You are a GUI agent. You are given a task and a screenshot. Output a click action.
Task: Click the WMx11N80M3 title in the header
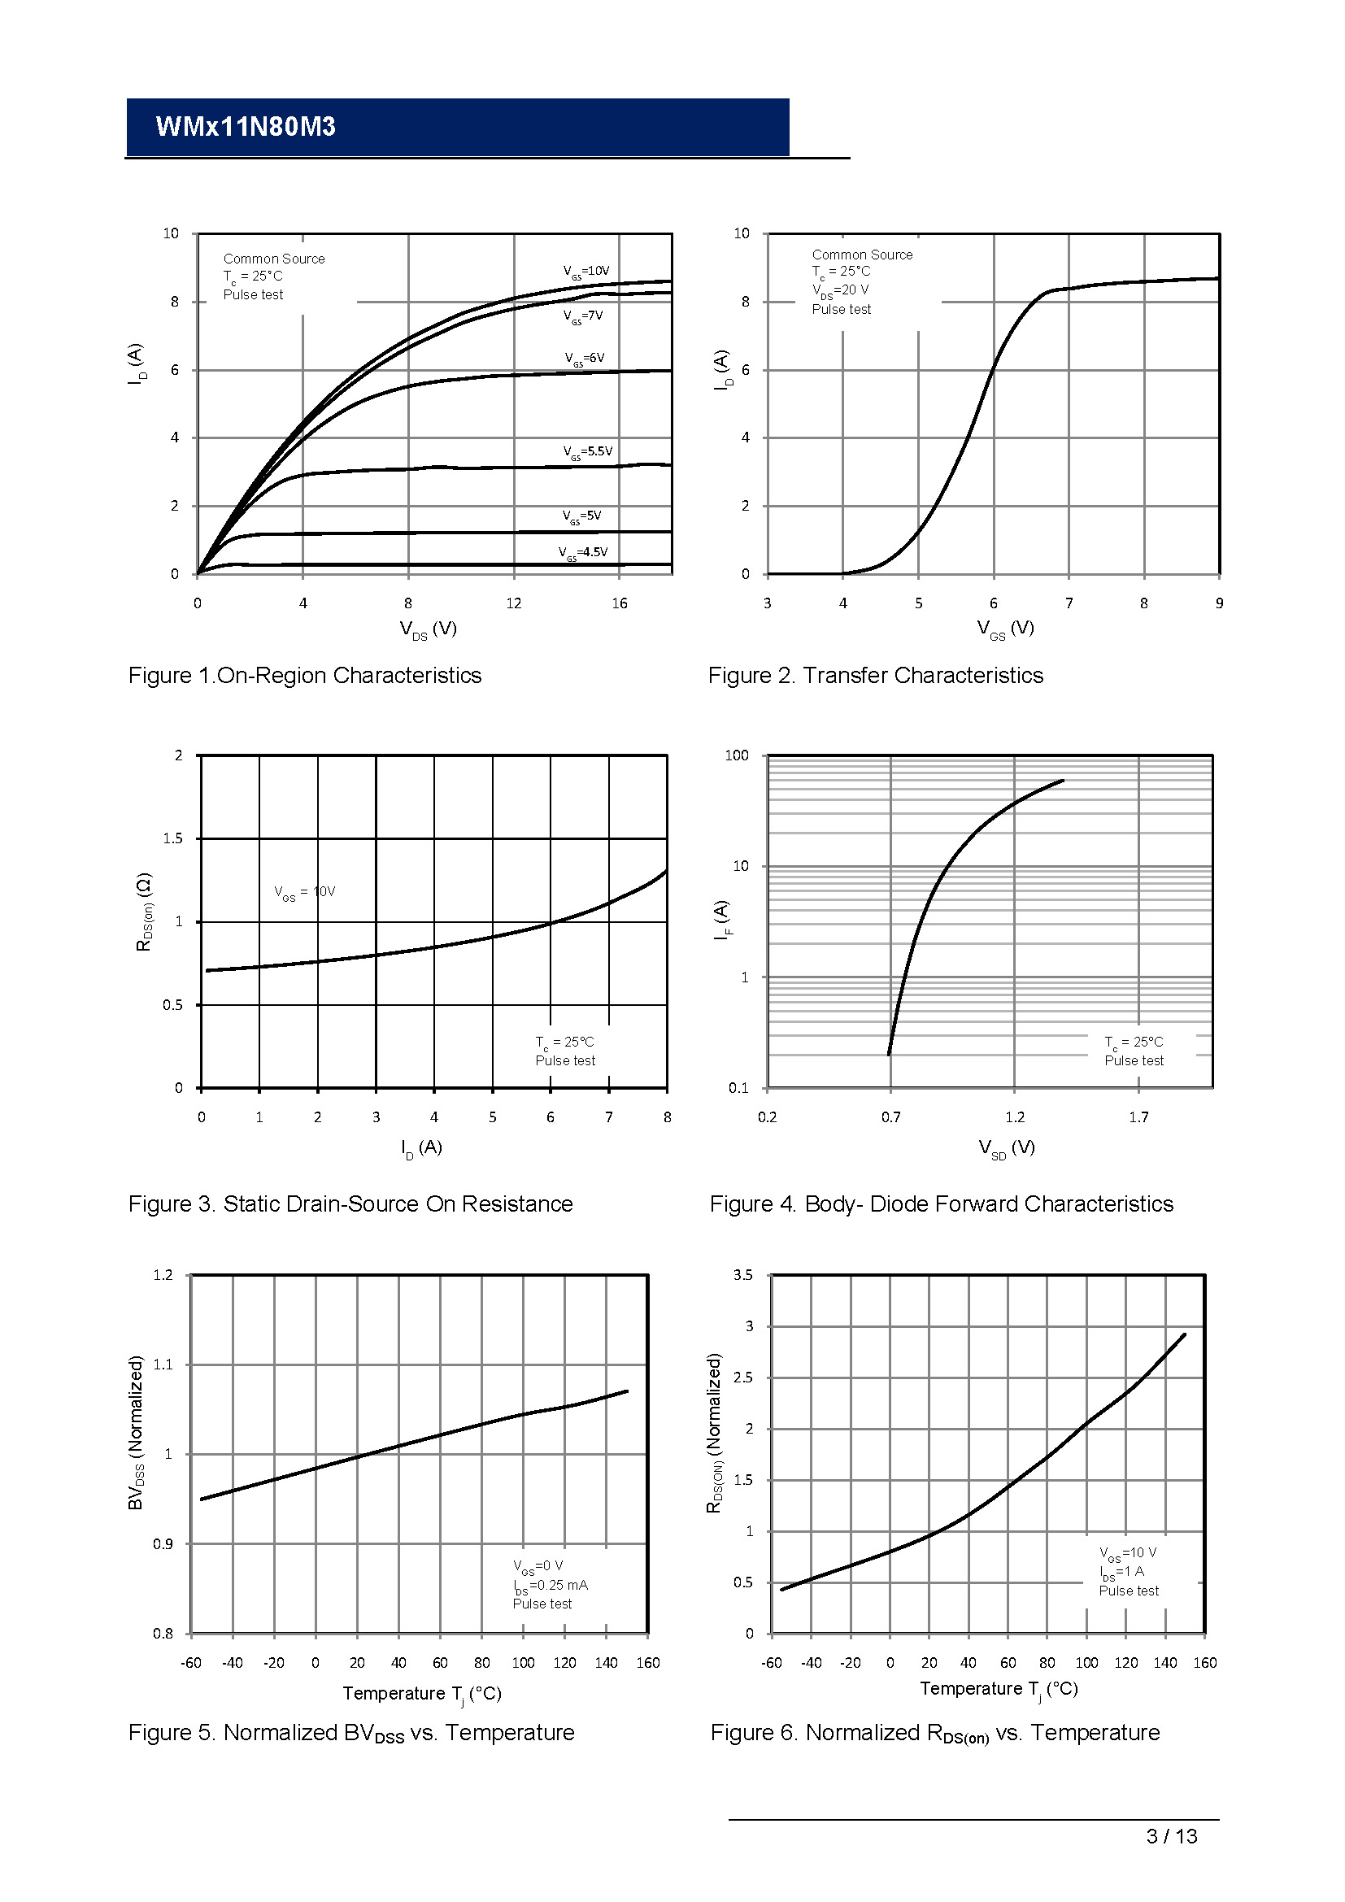point(245,127)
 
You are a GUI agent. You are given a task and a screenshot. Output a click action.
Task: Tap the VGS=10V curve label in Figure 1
point(585,272)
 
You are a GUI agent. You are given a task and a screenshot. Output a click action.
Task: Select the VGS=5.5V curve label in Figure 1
point(587,452)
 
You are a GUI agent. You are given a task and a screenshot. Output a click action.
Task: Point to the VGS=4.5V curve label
point(583,552)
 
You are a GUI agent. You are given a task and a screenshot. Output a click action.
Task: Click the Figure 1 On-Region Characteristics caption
point(305,676)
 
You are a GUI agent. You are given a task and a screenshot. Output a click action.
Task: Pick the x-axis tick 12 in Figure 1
point(513,604)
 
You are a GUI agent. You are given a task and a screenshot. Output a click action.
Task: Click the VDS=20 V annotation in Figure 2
point(840,291)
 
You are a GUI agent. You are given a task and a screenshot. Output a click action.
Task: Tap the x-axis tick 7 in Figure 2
point(1069,604)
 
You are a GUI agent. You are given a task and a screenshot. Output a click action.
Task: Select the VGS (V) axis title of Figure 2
point(1004,629)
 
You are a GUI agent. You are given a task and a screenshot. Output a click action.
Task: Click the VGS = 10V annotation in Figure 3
point(305,892)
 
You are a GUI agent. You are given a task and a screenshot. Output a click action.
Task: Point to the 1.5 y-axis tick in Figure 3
point(173,838)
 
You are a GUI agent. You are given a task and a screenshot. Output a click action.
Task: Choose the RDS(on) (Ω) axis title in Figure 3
point(144,912)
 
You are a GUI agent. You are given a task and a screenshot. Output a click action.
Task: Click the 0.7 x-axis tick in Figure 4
point(890,1117)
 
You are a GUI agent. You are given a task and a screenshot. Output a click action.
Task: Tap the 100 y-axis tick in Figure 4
point(736,755)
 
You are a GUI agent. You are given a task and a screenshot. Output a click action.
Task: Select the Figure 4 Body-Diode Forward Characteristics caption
point(941,1204)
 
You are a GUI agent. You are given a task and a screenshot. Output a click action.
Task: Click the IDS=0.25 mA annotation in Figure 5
point(550,1586)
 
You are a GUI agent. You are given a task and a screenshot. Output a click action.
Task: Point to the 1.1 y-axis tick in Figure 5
point(163,1364)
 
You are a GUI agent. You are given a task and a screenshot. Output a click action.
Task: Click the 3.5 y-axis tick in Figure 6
point(743,1275)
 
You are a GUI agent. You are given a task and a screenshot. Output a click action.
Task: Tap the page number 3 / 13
point(1171,1837)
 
